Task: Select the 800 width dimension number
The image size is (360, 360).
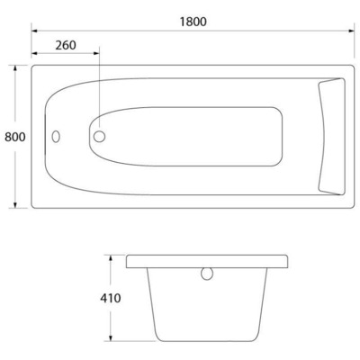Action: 13,137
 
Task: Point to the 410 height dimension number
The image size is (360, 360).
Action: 108,298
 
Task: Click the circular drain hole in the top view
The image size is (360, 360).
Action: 98,137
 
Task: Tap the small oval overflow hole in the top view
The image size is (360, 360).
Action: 56,138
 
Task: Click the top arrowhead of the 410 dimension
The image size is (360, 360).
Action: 112,256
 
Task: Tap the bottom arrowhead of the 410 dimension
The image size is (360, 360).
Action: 112,340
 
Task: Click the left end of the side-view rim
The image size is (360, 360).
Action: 129,261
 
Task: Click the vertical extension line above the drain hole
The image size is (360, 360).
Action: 98,90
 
